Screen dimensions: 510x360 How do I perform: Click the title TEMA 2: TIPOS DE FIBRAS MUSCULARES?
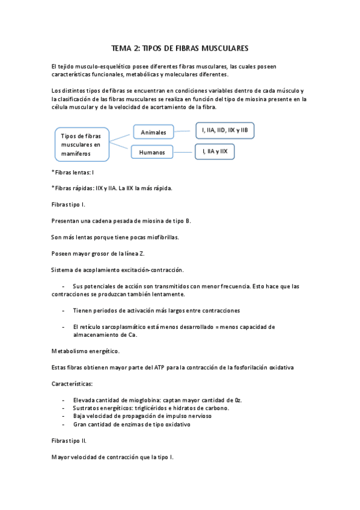pyautogui.click(x=180, y=48)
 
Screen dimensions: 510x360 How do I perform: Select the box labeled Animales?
pyautogui.click(x=153, y=132)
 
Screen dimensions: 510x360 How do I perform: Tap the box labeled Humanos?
pyautogui.click(x=151, y=152)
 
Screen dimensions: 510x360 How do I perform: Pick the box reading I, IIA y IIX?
pyautogui.click(x=214, y=152)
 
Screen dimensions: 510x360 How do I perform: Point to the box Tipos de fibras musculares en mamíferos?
pyautogui.click(x=82, y=144)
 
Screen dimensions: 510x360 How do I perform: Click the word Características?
pyautogui.click(x=72, y=383)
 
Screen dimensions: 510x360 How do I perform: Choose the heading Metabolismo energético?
pyautogui.click(x=85, y=351)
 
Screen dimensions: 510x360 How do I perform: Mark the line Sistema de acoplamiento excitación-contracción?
pyautogui.click(x=117, y=269)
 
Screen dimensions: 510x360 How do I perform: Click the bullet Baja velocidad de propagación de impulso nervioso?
pyautogui.click(x=142, y=416)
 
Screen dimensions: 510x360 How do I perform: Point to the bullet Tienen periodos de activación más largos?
pyautogui.click(x=156, y=310)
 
